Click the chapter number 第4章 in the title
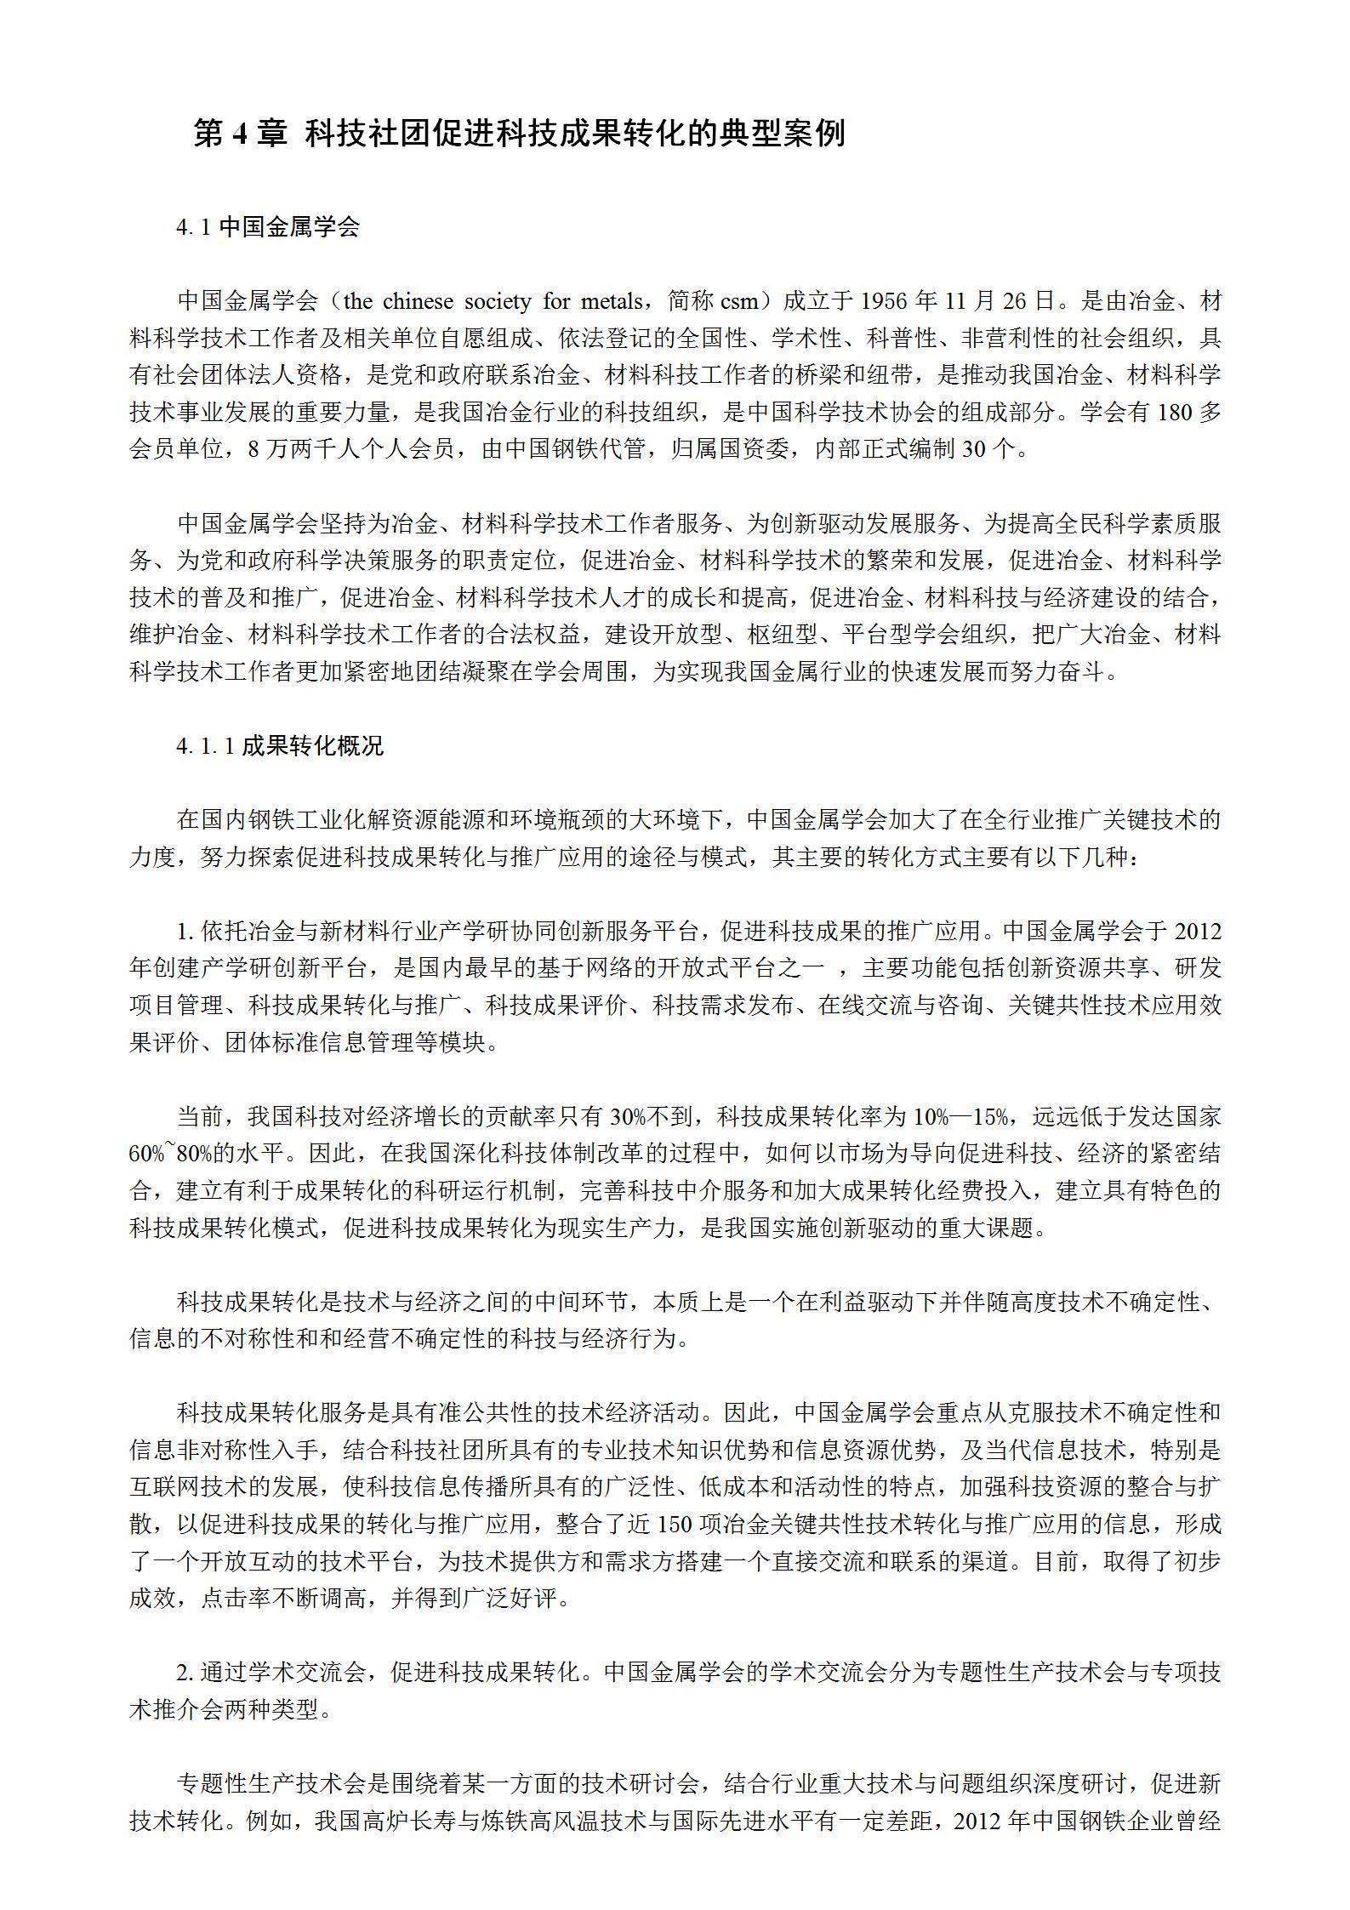click(x=241, y=134)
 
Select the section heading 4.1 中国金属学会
click(x=268, y=227)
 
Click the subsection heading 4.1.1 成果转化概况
click(x=280, y=746)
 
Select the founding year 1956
click(x=885, y=301)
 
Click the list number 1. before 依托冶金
click(x=186, y=931)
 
